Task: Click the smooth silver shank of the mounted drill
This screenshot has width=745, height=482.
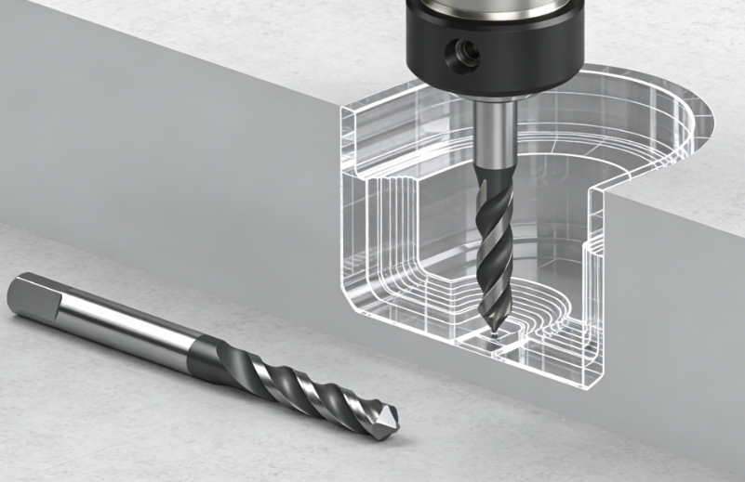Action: click(495, 130)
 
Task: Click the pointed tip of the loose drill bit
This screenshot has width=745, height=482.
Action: click(392, 425)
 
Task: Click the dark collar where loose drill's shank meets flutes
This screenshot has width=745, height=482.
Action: click(206, 352)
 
